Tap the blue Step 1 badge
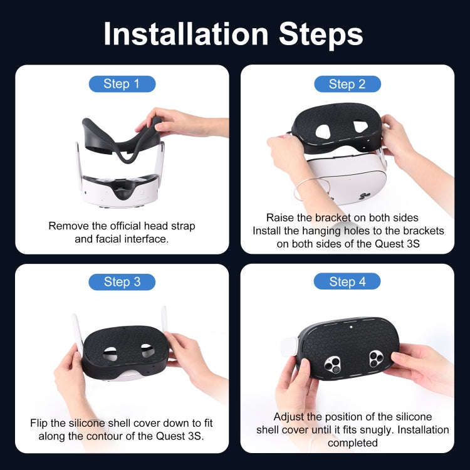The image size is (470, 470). (122, 84)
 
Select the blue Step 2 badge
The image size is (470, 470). (347, 84)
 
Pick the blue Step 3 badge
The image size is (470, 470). (122, 282)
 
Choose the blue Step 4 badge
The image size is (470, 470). (347, 282)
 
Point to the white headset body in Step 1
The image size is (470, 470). (119, 188)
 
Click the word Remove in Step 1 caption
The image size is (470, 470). (68, 226)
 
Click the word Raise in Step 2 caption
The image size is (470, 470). (280, 217)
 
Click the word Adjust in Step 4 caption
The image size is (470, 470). (289, 417)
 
